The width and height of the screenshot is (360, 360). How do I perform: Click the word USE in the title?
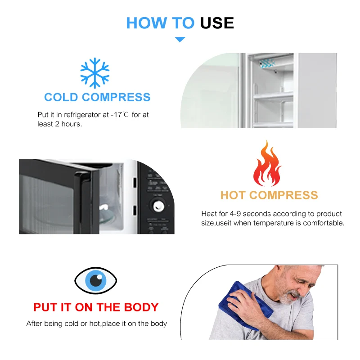coord(217,23)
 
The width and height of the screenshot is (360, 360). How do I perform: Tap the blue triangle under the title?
coord(180,39)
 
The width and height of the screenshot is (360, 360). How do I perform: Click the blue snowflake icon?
coord(95,73)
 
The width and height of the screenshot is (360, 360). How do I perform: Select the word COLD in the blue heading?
coord(61,97)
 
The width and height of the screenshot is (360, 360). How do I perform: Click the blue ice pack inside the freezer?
coord(267,63)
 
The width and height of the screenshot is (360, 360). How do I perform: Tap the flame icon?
coord(267,163)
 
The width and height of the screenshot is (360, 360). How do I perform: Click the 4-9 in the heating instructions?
coord(235,214)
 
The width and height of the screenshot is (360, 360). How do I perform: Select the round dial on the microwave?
coord(158,206)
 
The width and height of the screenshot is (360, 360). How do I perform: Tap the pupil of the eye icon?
coord(96,280)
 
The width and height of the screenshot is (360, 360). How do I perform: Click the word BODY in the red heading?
coord(141,307)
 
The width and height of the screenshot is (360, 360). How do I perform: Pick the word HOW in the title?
coord(147,23)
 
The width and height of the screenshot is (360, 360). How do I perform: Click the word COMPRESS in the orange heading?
coord(283,195)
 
